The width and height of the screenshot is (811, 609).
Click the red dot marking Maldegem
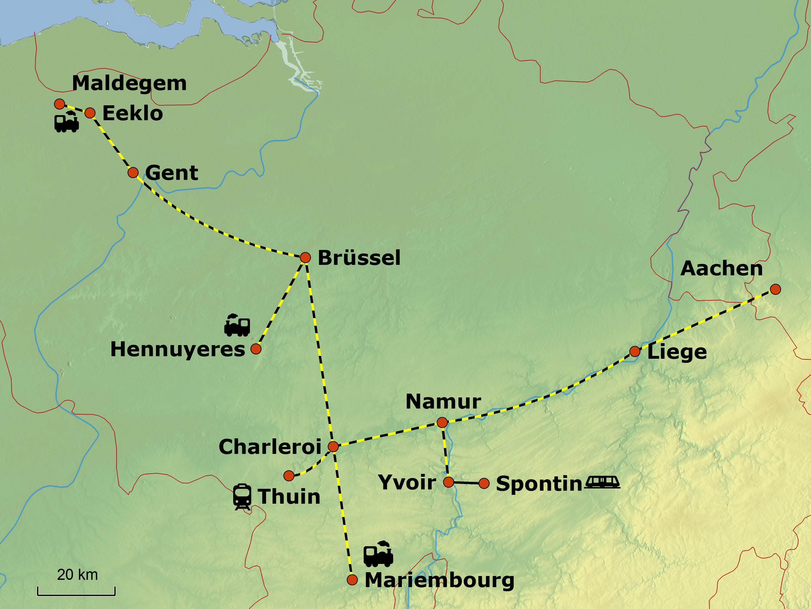[x=59, y=104]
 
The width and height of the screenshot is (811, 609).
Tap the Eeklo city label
[x=132, y=113]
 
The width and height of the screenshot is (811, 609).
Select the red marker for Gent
[x=133, y=172]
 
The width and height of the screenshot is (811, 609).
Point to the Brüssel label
[x=359, y=258]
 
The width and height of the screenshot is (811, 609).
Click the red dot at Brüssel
[x=305, y=257]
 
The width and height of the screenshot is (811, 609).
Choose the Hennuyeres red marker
[x=256, y=348]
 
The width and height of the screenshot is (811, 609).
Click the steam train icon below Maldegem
[x=66, y=122]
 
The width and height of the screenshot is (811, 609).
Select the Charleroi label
[x=270, y=447]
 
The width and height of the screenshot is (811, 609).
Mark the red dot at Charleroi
[x=333, y=446]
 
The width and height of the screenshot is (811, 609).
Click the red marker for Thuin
[x=289, y=476]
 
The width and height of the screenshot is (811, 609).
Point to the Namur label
[x=443, y=402]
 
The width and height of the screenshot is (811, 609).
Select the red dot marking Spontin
[x=484, y=483]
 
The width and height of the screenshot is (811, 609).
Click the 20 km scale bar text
[x=77, y=575]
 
